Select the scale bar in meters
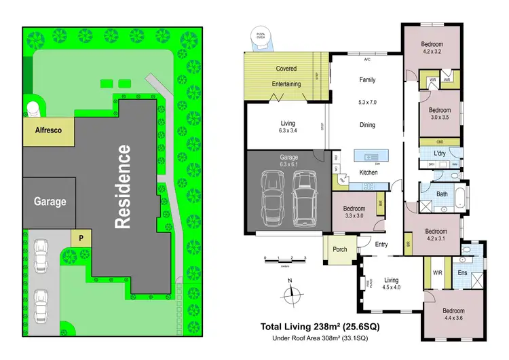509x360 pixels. pos(286,259)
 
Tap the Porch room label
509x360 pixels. pos(340,249)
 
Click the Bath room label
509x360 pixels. pos(442,194)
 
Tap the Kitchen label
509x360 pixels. pos(369,173)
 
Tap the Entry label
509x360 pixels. pos(381,245)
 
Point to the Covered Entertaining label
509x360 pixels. pos(286,75)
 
